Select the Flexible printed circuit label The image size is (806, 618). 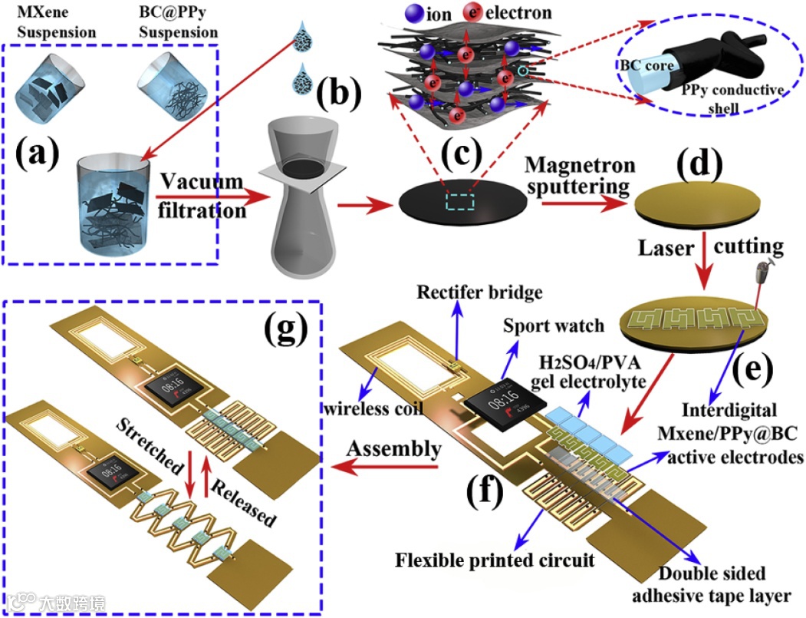[x=495, y=560]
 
